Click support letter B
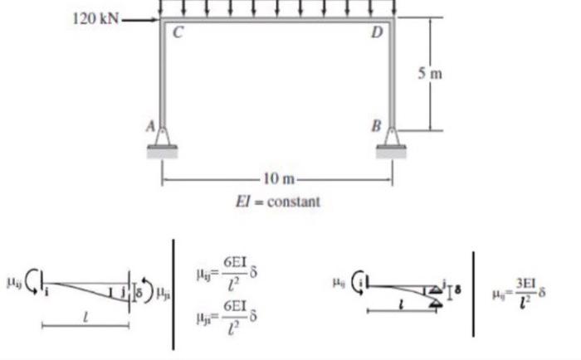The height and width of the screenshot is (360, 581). click(x=376, y=127)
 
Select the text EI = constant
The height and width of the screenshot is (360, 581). click(x=276, y=201)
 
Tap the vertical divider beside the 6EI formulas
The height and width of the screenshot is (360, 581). click(x=174, y=294)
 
